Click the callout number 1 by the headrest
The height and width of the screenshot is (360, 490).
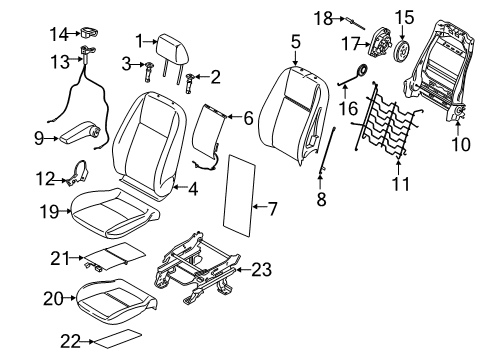click(x=143, y=41)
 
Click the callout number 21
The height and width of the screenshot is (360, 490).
click(x=58, y=259)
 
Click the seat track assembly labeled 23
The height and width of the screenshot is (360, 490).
click(x=200, y=269)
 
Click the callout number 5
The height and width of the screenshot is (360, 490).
click(x=295, y=41)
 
